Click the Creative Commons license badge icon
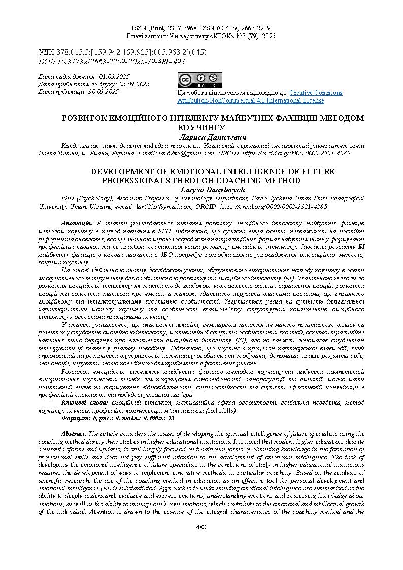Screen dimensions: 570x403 point(199,80)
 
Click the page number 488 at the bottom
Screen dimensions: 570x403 point(201,527)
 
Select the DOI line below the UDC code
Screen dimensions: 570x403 point(112,62)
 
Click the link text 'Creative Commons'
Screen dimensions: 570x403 point(316,93)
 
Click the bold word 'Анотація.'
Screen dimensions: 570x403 point(76,223)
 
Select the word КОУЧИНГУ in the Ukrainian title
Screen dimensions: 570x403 point(201,127)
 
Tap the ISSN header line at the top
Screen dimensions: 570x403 point(201,28)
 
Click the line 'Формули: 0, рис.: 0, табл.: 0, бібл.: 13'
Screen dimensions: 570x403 point(118,418)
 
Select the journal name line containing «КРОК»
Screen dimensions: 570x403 point(201,37)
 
